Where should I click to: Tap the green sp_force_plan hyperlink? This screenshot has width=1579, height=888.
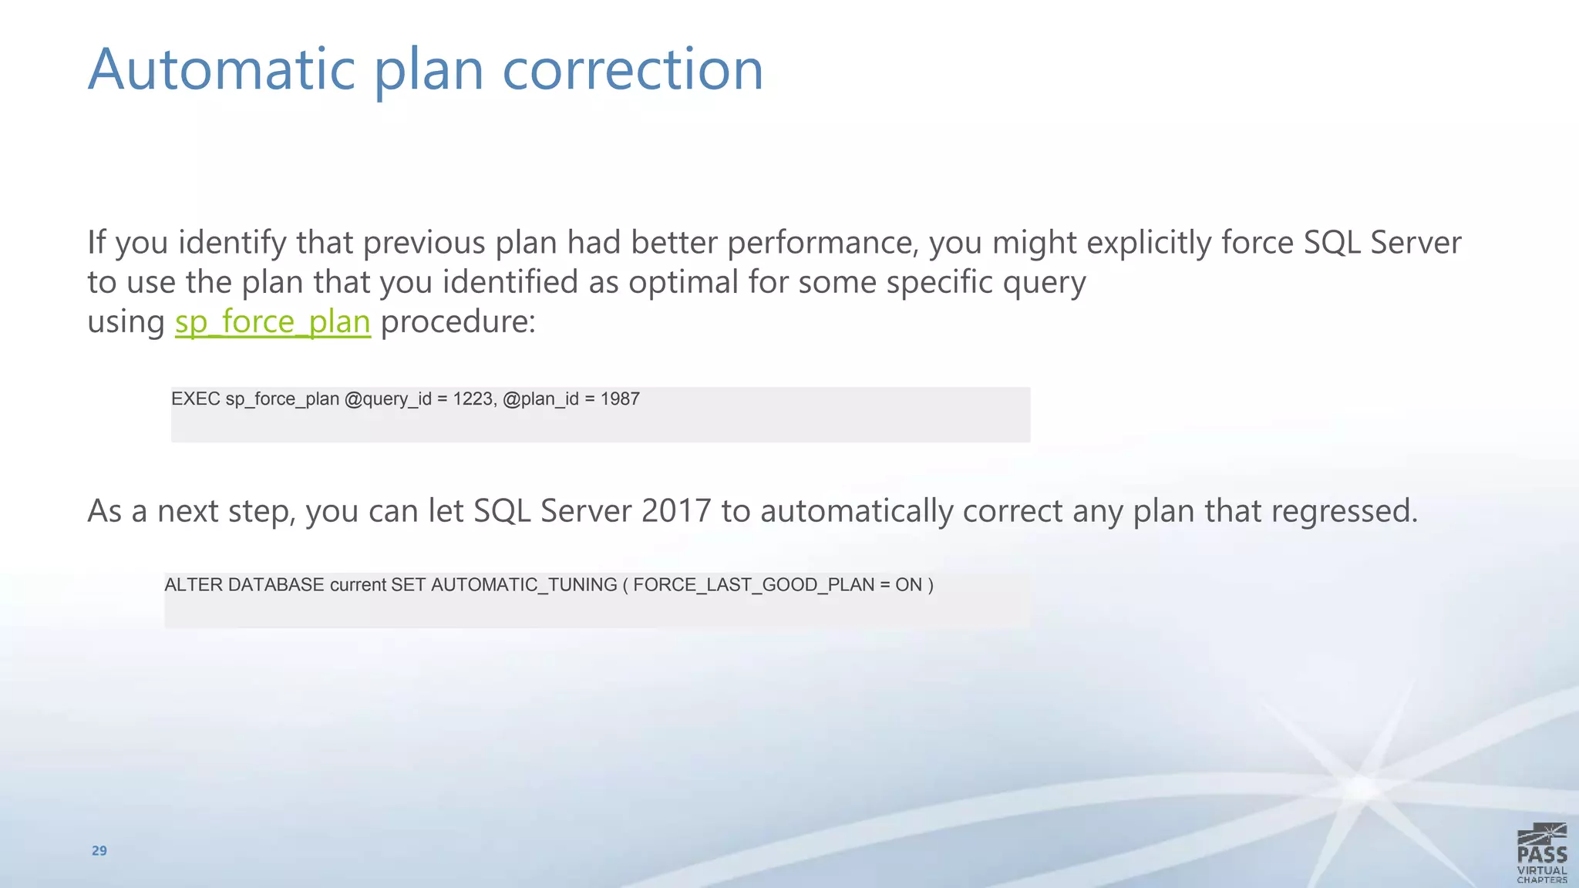coord(272,321)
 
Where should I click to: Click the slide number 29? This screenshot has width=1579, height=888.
coord(99,851)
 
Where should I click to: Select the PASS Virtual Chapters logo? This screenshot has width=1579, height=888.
coord(1541,853)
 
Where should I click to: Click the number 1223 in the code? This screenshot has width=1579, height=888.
coord(472,399)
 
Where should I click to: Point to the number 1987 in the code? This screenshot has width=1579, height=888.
coord(620,399)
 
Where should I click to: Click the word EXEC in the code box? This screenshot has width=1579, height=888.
coord(195,399)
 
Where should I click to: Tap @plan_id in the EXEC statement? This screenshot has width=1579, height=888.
coord(540,399)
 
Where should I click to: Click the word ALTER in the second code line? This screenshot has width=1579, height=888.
coord(194,585)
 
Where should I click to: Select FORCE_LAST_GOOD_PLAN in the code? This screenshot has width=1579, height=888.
coord(753,585)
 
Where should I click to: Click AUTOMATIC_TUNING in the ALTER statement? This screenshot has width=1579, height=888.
coord(524,585)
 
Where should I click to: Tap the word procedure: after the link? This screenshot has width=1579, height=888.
coord(458,321)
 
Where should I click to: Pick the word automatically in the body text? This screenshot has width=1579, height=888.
coord(857,511)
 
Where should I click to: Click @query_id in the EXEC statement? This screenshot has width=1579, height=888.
coord(388,399)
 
